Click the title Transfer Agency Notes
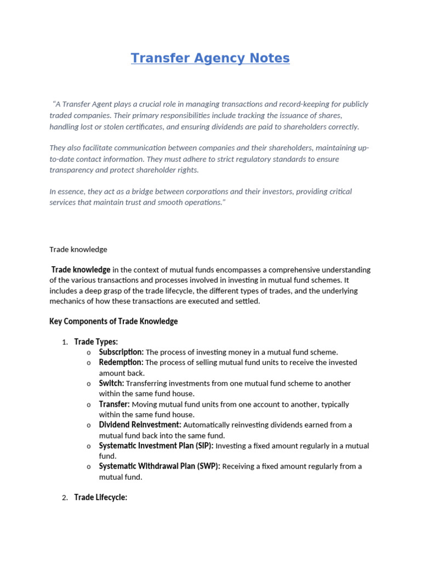[210, 58]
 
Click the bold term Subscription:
[121, 352]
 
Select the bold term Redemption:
[121, 363]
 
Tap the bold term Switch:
[111, 384]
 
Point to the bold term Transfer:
[114, 404]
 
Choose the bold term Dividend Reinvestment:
[140, 425]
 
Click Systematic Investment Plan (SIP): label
[156, 446]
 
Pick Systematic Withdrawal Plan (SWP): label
[160, 467]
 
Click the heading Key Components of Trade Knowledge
[113, 322]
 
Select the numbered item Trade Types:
[96, 342]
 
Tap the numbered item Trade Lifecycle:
[101, 498]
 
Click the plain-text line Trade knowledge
[78, 250]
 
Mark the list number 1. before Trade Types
[65, 342]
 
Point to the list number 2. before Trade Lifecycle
[65, 498]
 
